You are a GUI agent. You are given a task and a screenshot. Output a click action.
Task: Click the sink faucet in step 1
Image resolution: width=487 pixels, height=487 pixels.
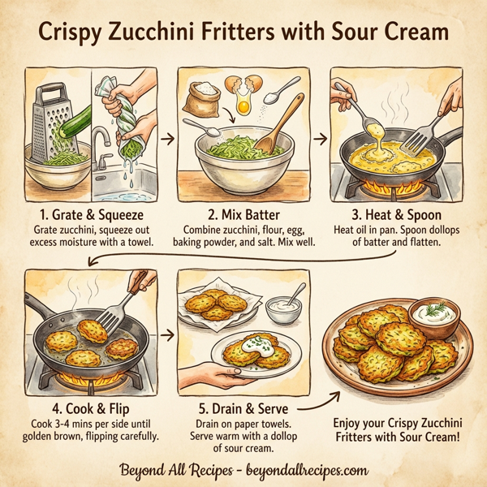tap(99, 146)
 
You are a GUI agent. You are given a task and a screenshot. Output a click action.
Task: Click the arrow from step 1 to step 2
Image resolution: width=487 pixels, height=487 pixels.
tap(168, 139)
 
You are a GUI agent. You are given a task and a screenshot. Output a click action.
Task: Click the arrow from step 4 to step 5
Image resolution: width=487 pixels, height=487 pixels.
tap(169, 334)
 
